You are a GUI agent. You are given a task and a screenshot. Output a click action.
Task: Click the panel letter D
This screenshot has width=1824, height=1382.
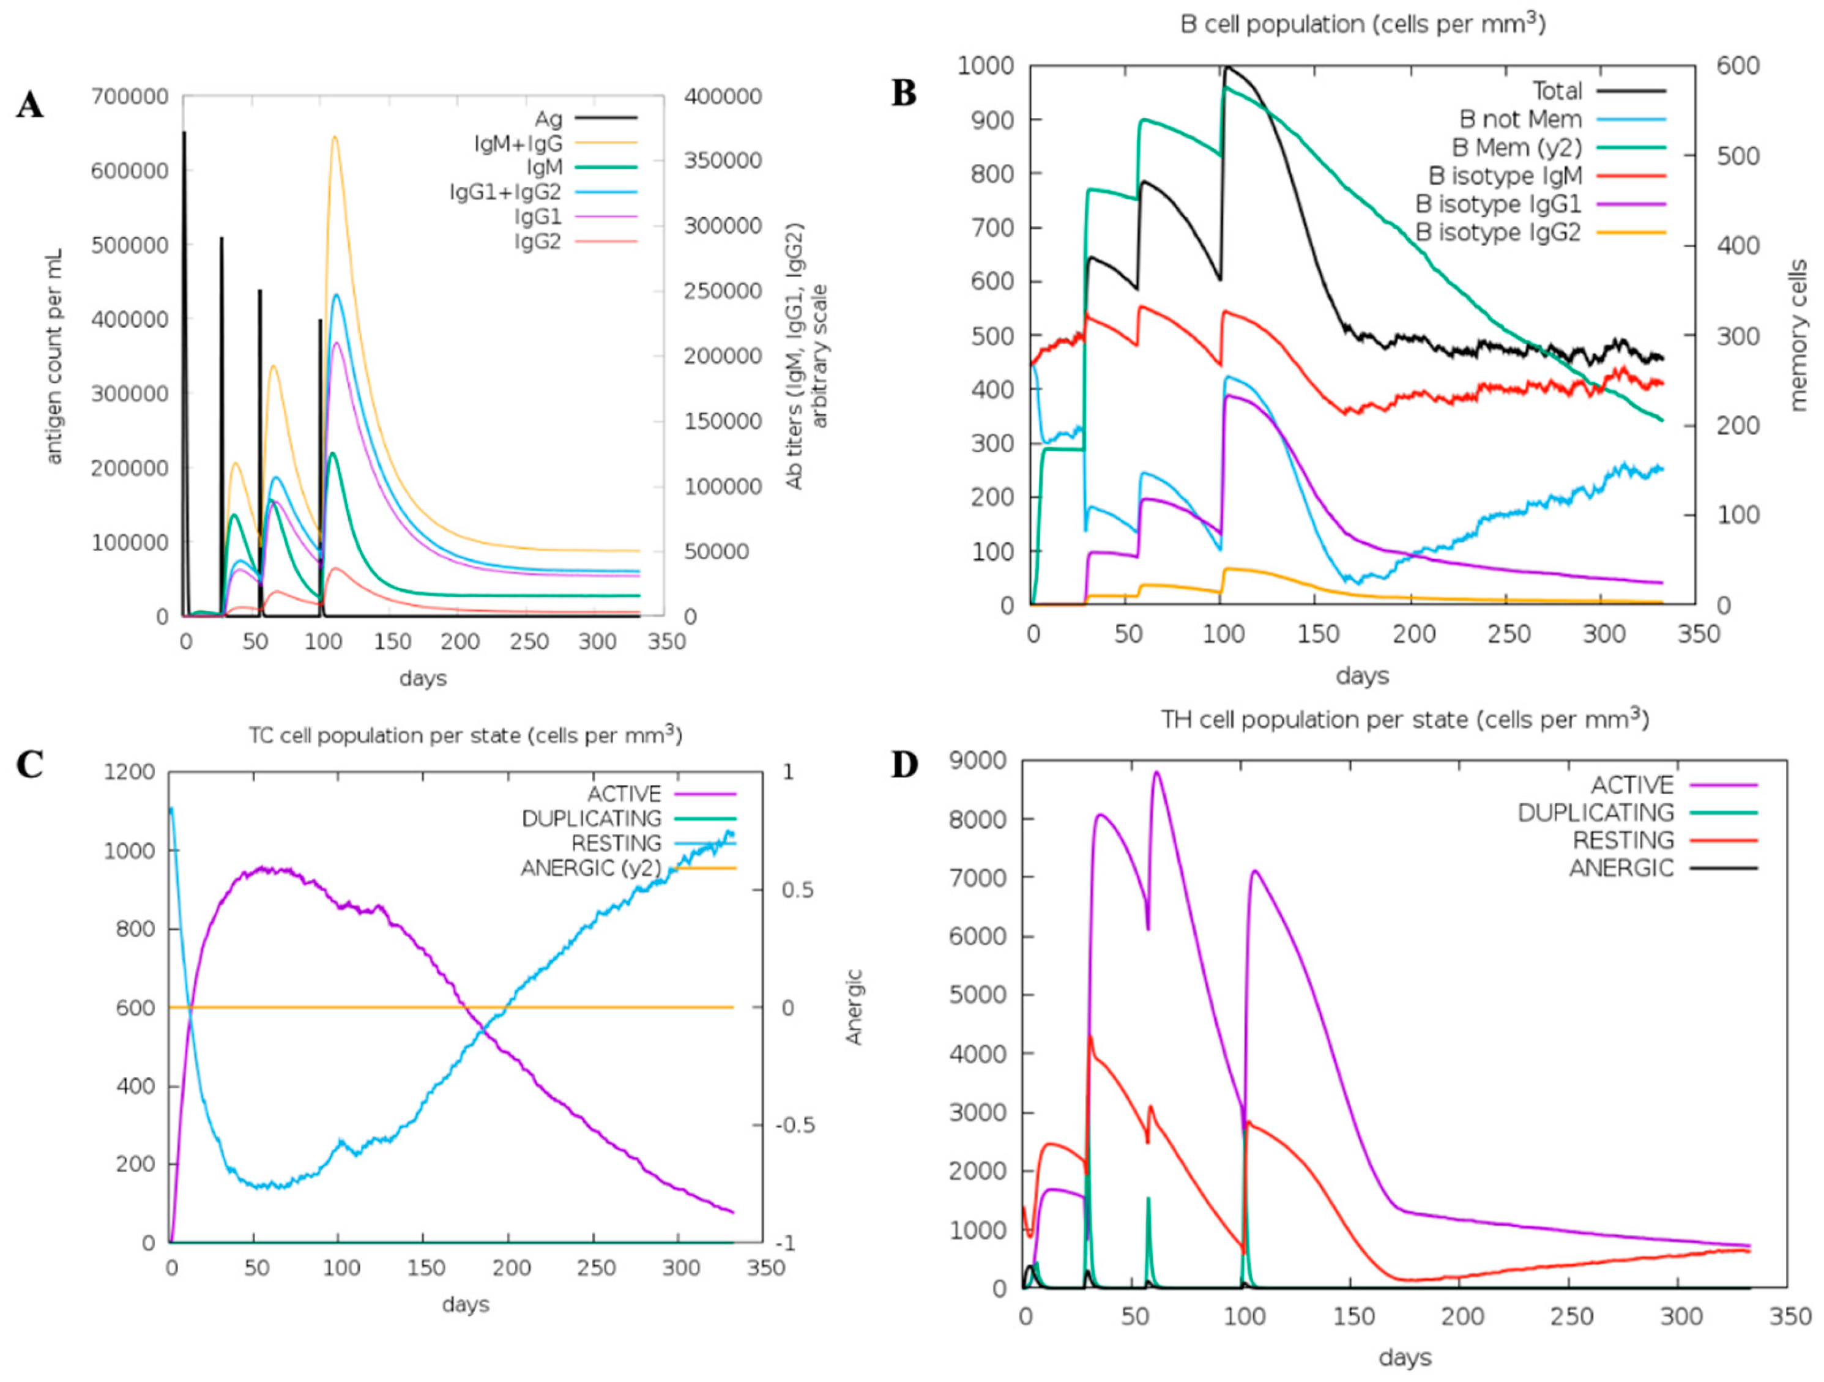click(904, 765)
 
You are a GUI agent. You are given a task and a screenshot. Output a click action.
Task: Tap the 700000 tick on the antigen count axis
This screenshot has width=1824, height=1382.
click(130, 97)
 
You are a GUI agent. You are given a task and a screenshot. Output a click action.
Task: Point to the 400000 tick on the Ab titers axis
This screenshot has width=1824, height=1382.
click(723, 97)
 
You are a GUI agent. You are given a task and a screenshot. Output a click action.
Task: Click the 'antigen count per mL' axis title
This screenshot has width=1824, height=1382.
click(54, 356)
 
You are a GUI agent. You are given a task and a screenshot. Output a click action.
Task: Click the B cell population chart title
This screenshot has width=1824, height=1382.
click(1362, 24)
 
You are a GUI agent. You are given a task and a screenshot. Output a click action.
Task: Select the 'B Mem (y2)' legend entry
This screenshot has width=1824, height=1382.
click(1516, 147)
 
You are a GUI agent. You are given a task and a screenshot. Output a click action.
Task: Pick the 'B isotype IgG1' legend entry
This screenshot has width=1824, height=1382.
click(1498, 204)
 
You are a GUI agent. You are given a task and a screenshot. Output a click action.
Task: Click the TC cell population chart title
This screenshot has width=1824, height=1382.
click(465, 735)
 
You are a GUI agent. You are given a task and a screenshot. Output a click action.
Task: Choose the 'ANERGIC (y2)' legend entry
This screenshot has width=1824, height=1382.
click(590, 868)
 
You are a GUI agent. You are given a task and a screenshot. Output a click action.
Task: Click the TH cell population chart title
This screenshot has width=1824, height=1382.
click(1404, 720)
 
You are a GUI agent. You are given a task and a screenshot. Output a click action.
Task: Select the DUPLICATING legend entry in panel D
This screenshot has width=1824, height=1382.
click(1596, 813)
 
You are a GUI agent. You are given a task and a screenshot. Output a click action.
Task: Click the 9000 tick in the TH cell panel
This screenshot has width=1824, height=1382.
click(979, 760)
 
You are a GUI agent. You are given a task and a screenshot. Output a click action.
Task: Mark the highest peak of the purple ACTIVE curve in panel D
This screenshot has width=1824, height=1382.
click(1157, 772)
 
